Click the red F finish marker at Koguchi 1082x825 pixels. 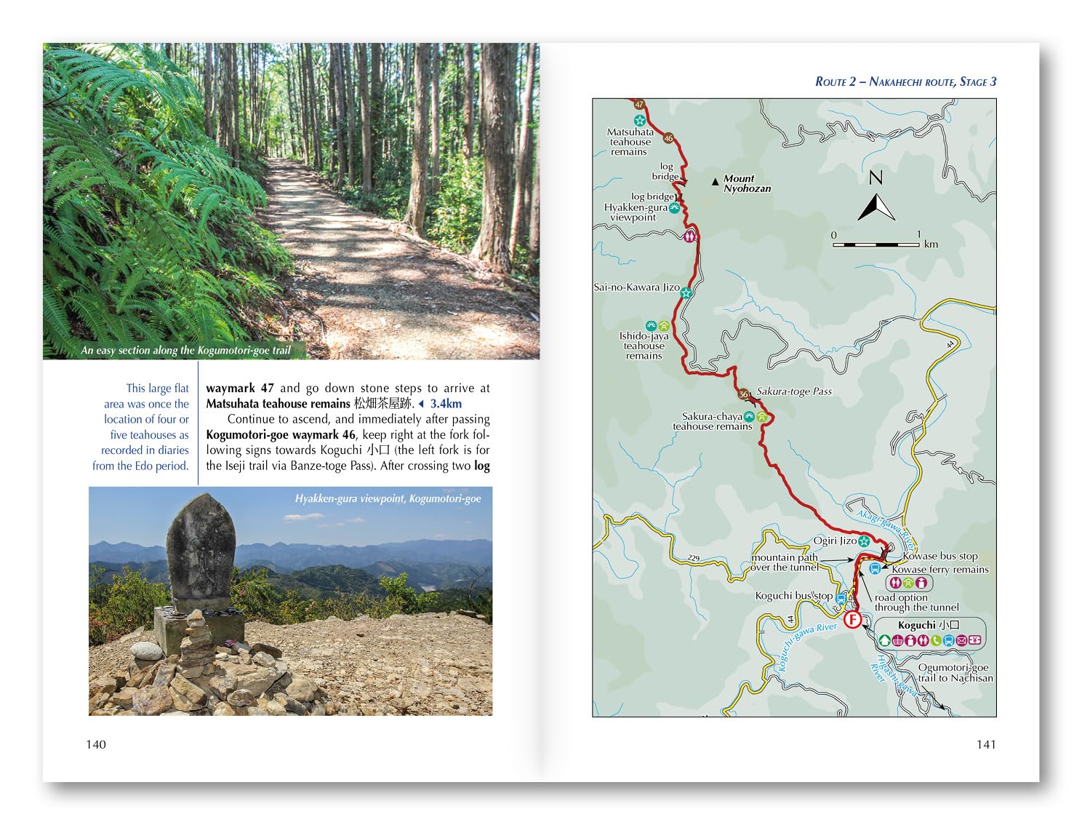(x=851, y=620)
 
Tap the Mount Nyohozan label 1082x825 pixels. (x=747, y=183)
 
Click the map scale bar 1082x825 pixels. (x=876, y=244)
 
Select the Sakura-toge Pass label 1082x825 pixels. (x=794, y=391)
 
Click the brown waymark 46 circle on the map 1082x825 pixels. (x=668, y=138)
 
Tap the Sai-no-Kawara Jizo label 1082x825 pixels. (x=636, y=287)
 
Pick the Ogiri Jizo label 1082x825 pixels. (x=835, y=541)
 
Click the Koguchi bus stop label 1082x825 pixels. (x=793, y=596)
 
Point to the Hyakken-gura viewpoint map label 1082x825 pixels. (x=635, y=212)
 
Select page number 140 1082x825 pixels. (x=96, y=744)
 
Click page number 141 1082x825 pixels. (x=986, y=744)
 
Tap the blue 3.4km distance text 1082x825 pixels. (x=445, y=404)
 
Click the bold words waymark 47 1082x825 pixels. (x=240, y=388)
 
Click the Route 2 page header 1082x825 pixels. (x=905, y=81)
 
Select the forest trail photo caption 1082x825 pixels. (x=185, y=351)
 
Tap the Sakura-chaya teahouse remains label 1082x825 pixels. (x=712, y=422)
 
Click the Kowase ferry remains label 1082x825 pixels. (x=940, y=570)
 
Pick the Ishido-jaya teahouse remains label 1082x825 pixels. (x=644, y=346)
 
